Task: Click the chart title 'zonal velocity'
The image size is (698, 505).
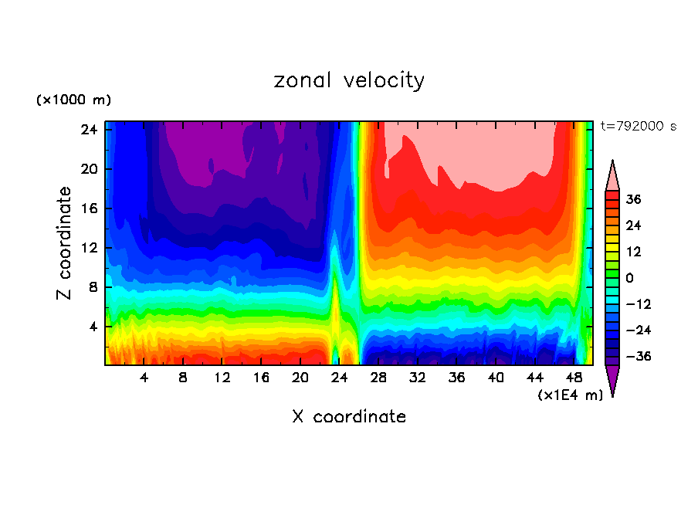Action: [349, 80]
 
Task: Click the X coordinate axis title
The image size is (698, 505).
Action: [349, 417]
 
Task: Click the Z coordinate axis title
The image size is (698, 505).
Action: [65, 243]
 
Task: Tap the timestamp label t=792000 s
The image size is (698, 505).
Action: [638, 126]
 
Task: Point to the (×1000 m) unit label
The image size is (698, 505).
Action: [73, 100]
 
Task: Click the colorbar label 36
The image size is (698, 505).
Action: [634, 199]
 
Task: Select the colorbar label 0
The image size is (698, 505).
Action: [629, 278]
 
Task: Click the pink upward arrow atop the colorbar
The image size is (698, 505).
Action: [612, 175]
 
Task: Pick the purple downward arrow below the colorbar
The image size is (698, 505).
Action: [612, 380]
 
